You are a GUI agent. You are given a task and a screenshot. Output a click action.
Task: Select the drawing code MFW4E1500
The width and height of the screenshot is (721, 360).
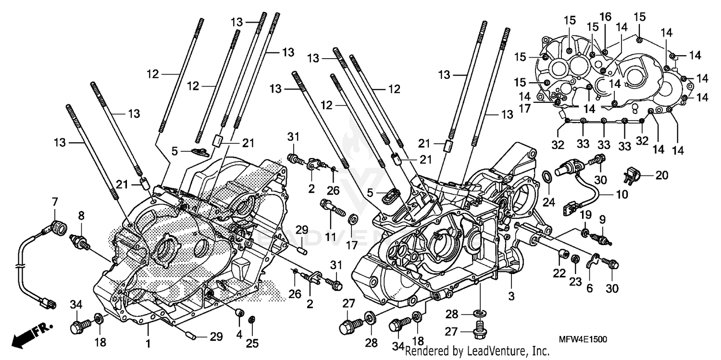[x=583, y=339]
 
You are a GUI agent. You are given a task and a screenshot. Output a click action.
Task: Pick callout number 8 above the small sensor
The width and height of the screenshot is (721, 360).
[x=81, y=216]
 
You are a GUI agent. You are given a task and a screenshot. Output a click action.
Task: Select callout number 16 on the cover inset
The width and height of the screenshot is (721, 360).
[x=605, y=17]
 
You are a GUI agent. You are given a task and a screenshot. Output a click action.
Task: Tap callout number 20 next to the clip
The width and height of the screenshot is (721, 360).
[x=662, y=175]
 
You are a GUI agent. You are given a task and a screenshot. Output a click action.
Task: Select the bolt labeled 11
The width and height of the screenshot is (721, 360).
[x=332, y=207]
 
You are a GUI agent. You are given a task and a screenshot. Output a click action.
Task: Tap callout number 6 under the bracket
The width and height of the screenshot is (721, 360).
[x=590, y=288]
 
